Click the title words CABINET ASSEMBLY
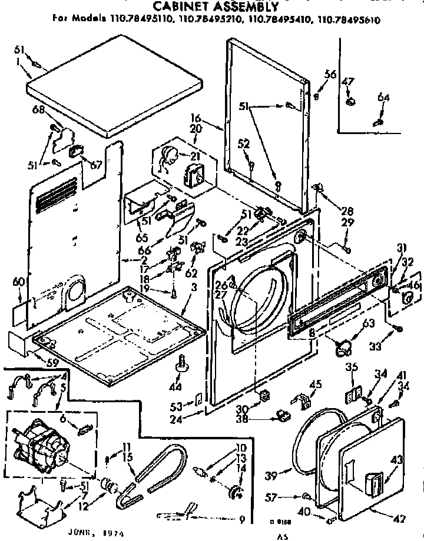click(x=216, y=6)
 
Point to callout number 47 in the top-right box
click(x=348, y=82)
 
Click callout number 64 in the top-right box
click(x=383, y=98)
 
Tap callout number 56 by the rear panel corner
click(x=330, y=74)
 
